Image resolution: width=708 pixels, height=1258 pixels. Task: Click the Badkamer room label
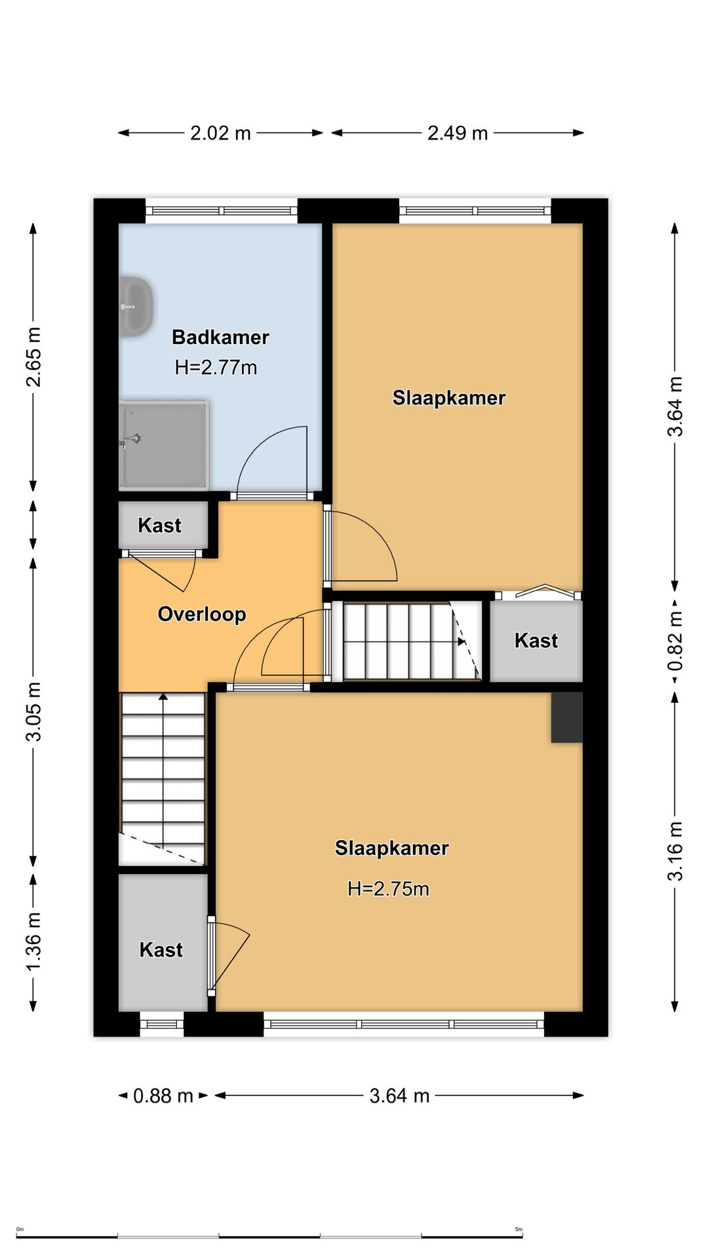[x=220, y=337]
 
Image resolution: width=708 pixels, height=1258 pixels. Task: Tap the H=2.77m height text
[x=216, y=368]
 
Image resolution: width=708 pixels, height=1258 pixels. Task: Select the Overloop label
[x=202, y=614]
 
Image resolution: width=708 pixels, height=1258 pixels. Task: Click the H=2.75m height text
[x=388, y=888]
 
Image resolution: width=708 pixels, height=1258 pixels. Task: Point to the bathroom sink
[x=136, y=307]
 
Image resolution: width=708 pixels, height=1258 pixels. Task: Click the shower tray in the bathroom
[x=164, y=445]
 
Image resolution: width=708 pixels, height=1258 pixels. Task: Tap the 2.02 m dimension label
[x=220, y=133]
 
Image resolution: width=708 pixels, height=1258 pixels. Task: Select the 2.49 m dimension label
[x=458, y=133]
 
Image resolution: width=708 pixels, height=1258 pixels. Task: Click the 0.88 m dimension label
[x=163, y=1096]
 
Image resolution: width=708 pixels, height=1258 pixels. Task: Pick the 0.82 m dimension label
[x=675, y=641]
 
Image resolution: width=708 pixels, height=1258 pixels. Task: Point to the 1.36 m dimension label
[x=33, y=942]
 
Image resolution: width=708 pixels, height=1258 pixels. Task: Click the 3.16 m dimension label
[x=675, y=851]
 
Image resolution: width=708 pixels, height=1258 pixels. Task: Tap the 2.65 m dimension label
[x=33, y=357]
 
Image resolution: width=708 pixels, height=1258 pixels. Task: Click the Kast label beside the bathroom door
[x=159, y=525]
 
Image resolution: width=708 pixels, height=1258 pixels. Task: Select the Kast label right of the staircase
[x=536, y=640]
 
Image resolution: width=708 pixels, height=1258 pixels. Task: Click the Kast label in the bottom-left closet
[x=161, y=949]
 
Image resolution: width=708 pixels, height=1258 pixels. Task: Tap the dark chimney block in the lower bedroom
[x=566, y=717]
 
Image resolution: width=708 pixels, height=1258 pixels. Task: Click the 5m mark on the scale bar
[x=519, y=1229]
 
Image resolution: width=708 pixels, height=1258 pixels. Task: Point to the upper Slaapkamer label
[x=449, y=398]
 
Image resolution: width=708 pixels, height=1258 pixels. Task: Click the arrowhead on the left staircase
[x=163, y=696]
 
